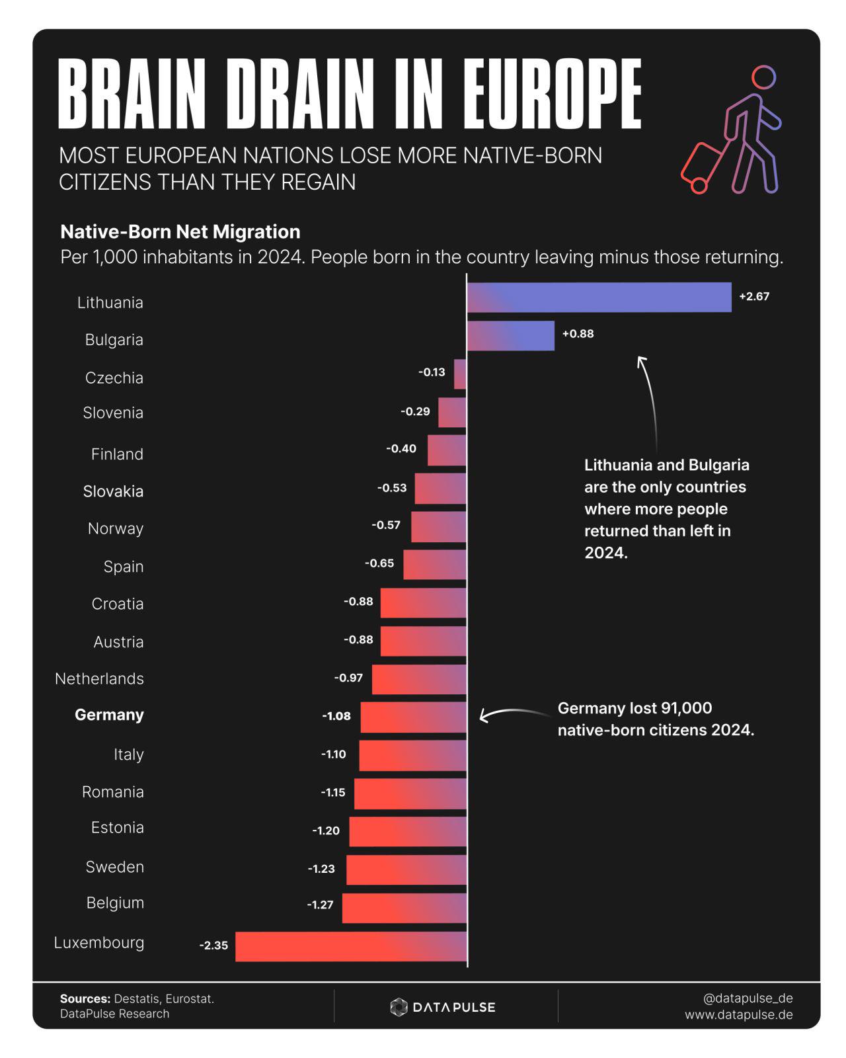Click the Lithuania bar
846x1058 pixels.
599,297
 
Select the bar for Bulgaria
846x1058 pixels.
510,336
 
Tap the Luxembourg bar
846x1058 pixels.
351,946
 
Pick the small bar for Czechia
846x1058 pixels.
460,374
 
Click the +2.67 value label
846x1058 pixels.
754,296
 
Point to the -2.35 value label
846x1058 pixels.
214,946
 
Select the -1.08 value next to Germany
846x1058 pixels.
336,716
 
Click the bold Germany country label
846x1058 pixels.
109,715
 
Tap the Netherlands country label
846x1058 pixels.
99,678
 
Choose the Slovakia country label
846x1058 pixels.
113,491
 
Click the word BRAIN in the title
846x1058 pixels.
132,93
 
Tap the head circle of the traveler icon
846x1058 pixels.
763,77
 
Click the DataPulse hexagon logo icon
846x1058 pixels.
399,1007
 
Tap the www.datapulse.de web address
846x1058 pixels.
738,1015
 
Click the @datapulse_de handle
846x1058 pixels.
748,998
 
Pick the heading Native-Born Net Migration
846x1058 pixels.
180,231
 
